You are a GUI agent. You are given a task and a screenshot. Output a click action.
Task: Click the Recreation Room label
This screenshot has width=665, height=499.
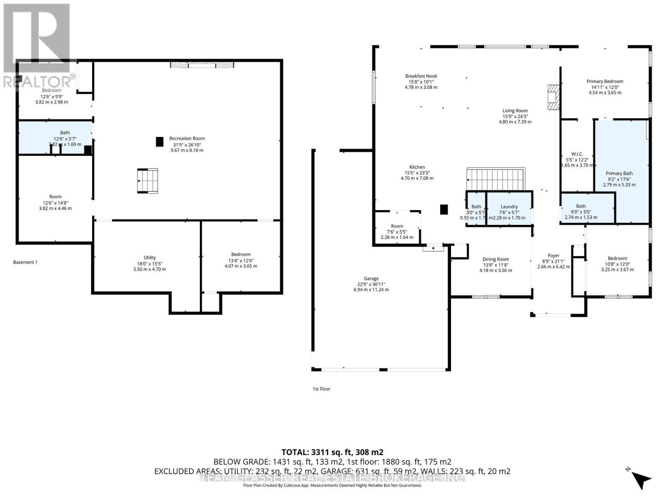(x=187, y=138)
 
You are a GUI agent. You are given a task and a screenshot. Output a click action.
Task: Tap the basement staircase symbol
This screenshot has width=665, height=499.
(x=148, y=181)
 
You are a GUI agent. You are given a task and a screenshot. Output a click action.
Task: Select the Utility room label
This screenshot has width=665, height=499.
(x=150, y=257)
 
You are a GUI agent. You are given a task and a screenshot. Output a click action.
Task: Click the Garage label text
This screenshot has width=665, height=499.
(x=371, y=279)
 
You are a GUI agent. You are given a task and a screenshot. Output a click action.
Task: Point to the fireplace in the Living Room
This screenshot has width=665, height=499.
(x=553, y=97)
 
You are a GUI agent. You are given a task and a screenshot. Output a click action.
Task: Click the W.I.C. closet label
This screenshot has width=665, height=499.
(x=577, y=154)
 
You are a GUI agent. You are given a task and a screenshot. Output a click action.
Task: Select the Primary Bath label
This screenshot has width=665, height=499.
(x=619, y=173)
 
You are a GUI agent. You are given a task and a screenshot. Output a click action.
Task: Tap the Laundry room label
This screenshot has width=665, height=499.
(x=509, y=207)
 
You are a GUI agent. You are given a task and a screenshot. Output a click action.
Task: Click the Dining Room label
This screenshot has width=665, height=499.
(x=495, y=259)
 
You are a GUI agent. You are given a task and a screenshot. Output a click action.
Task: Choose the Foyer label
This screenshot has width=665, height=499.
(x=553, y=256)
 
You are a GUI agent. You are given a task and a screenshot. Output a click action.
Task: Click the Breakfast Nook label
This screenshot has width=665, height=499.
(x=421, y=76)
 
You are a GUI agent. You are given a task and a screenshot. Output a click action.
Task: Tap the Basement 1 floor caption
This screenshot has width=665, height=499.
(x=25, y=262)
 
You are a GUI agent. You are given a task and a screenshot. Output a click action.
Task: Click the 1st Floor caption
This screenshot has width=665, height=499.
(x=321, y=389)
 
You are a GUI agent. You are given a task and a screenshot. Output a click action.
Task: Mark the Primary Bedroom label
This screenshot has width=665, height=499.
(x=605, y=82)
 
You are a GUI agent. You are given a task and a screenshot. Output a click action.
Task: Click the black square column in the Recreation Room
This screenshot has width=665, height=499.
(x=160, y=142)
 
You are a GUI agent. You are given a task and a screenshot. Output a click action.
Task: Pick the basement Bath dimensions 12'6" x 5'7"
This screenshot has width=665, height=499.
(x=65, y=139)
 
